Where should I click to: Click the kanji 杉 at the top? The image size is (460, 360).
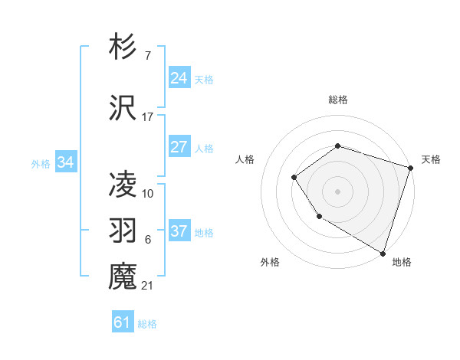[123, 47]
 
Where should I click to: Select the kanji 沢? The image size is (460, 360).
[123, 109]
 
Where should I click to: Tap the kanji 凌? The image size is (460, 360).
[123, 185]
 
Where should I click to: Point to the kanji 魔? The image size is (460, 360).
[123, 277]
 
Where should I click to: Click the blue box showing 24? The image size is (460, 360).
[179, 78]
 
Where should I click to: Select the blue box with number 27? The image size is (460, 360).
[179, 147]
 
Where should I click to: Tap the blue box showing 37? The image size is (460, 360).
[179, 231]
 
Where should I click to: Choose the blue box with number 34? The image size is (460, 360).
[65, 162]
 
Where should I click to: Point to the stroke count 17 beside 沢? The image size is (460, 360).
[148, 117]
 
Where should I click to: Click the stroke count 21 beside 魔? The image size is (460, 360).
[147, 286]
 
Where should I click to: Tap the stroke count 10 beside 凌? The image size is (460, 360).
[148, 193]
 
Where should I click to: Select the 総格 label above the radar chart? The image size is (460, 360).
[337, 100]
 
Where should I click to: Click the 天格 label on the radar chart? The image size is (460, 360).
[431, 159]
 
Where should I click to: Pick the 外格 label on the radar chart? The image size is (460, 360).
[270, 262]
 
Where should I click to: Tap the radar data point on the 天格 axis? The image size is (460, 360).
[411, 168]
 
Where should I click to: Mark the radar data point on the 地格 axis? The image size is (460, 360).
[383, 253]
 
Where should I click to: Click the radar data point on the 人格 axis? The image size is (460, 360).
[294, 178]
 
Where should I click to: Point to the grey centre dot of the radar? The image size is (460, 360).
[337, 191]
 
